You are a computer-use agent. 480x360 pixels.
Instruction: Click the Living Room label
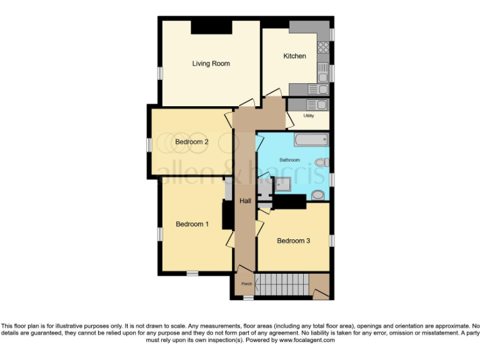tap(211, 63)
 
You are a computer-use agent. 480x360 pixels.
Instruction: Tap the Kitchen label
tap(294, 56)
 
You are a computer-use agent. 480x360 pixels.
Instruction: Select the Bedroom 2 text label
tap(191, 142)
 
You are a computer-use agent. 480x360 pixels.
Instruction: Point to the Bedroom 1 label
tap(192, 224)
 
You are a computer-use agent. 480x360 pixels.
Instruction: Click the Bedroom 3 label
tap(293, 241)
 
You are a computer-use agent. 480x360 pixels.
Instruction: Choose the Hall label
tap(245, 201)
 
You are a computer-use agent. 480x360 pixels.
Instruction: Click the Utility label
tap(308, 116)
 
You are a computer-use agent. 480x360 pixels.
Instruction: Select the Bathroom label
tap(289, 160)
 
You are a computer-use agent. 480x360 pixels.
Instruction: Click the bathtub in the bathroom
tap(311, 139)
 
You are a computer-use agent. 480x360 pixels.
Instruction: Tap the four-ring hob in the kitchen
tap(324, 47)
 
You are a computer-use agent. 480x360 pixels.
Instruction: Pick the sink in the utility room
tap(317, 105)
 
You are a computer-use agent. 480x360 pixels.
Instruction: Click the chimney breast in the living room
tap(211, 27)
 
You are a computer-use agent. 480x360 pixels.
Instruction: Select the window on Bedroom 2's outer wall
tap(149, 144)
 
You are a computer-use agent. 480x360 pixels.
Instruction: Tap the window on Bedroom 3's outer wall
tap(332, 239)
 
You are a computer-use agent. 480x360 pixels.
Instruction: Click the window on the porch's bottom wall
tap(248, 298)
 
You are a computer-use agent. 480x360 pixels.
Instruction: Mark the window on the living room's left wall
tap(159, 72)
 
